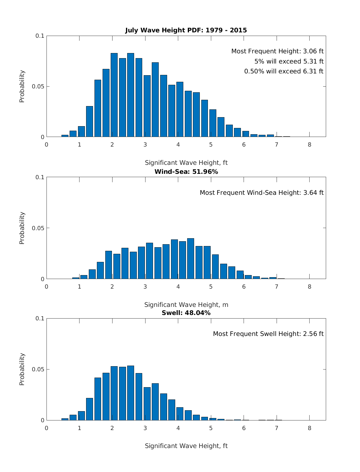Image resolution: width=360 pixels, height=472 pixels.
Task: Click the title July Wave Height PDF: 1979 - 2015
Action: tap(186, 30)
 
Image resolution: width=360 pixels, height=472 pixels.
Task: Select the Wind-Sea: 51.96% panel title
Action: tap(186, 172)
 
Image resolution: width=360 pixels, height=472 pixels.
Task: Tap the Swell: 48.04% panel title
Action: tap(186, 313)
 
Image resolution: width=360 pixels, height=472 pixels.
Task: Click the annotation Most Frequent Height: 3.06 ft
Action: tap(277, 51)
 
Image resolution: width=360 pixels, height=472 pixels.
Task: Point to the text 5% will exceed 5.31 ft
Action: tap(289, 61)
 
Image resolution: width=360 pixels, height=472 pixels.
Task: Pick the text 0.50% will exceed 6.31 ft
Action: tap(284, 71)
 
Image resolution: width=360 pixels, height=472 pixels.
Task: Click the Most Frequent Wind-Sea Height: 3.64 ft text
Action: tap(262, 193)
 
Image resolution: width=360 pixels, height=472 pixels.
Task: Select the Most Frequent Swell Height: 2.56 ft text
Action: tap(268, 334)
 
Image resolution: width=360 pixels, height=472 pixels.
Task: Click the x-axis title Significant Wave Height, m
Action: tap(186, 305)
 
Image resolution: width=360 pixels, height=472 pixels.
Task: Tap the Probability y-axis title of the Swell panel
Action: tap(22, 369)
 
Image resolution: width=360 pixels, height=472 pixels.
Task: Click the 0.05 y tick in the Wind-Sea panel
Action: tap(38, 228)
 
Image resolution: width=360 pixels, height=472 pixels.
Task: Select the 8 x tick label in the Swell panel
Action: tap(309, 428)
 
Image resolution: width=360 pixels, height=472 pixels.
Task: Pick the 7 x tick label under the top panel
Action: tap(277, 145)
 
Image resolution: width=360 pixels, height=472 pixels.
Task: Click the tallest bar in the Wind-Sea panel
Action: tap(190, 258)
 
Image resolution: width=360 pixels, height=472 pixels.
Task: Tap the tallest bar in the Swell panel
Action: tap(130, 393)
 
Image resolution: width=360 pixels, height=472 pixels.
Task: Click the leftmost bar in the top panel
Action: tap(65, 136)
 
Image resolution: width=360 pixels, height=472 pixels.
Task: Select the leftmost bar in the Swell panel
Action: tap(65, 419)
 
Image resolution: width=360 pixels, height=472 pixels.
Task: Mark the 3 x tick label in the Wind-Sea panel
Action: tap(145, 286)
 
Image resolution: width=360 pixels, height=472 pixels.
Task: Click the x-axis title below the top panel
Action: tap(186, 163)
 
